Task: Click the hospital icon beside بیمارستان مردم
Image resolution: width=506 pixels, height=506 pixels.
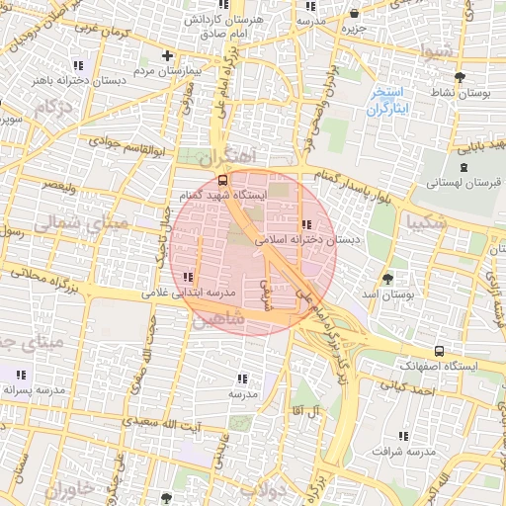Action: point(168,55)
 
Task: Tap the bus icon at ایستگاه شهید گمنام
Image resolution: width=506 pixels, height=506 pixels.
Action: point(221,181)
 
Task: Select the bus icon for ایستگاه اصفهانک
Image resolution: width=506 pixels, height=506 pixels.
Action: point(439,351)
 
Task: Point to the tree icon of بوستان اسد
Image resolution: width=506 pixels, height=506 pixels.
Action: point(386,279)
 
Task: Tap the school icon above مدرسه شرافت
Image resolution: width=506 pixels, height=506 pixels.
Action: point(403,435)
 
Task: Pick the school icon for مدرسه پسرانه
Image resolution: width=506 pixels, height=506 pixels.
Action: point(22,375)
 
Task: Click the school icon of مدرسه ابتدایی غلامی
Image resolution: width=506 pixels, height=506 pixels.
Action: point(188,277)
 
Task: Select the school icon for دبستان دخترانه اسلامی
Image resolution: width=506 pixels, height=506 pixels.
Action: point(305,224)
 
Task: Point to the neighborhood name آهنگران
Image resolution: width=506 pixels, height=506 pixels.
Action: point(226,157)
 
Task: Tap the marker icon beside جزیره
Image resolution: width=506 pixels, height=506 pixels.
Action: point(355,14)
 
